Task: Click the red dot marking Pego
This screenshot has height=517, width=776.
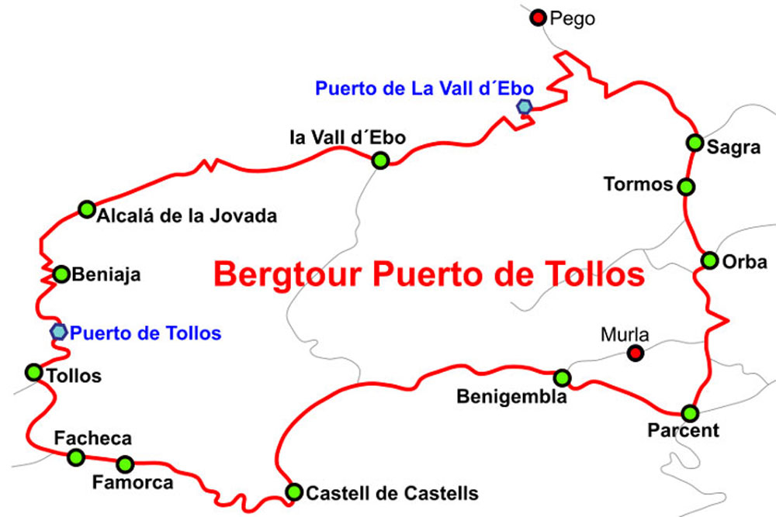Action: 537,17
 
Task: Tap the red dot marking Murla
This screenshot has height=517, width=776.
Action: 636,353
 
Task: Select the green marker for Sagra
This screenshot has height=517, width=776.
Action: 695,143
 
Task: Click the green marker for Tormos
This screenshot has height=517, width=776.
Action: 685,186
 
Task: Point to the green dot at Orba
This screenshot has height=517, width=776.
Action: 709,260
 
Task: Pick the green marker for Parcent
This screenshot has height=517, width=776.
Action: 690,413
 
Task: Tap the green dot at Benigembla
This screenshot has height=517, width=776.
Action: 562,377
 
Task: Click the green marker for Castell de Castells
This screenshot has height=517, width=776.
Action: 294,491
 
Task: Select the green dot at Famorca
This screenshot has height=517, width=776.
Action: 125,464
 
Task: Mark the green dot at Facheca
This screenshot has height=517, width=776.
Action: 76,457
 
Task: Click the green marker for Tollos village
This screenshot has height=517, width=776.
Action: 34,372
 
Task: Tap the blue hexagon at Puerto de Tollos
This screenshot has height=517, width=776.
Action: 58,332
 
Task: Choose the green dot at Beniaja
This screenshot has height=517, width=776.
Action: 61,274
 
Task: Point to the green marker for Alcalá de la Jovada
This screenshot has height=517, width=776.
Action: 87,209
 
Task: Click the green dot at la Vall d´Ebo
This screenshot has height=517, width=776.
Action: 380,160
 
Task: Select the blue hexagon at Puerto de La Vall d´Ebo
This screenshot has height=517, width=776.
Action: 525,107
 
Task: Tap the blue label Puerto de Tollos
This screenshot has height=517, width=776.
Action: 146,334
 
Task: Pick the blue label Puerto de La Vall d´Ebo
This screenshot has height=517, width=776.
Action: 424,89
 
